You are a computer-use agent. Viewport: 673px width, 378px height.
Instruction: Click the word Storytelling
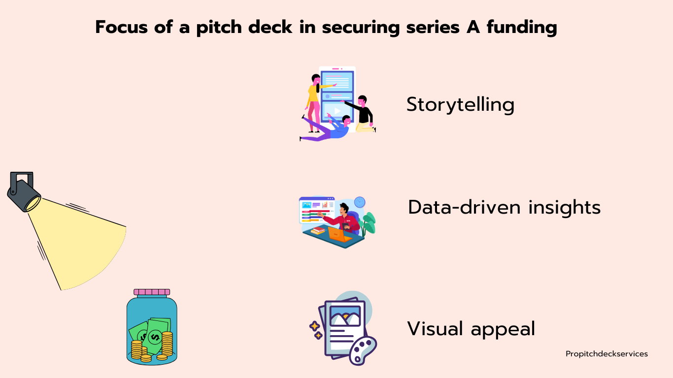[460, 105]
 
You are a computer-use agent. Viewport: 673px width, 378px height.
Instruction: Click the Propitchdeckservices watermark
[606, 354]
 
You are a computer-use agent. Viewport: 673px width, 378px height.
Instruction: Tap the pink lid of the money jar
[152, 292]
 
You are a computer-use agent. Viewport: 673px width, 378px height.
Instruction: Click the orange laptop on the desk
[340, 234]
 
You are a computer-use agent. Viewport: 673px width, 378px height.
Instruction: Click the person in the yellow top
[313, 96]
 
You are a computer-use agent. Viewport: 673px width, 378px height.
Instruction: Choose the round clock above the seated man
[360, 202]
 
